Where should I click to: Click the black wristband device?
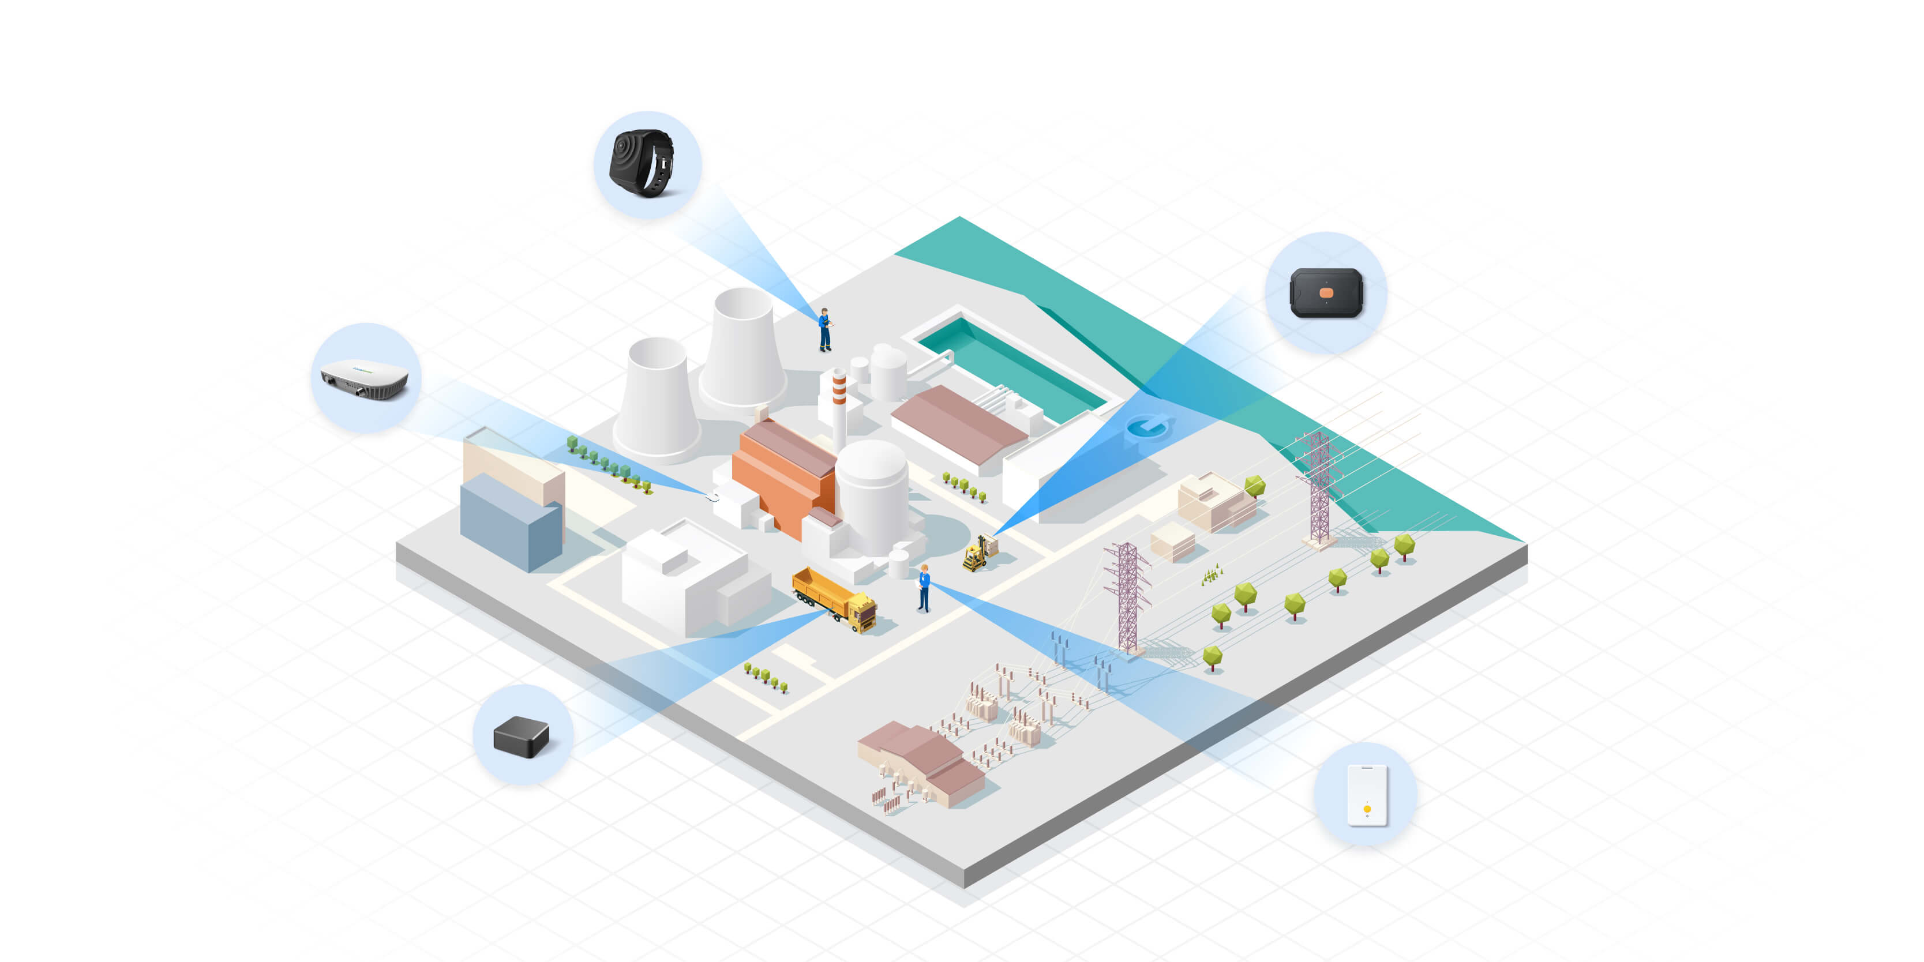click(642, 163)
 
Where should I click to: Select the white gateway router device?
click(365, 378)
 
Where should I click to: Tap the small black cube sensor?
click(522, 736)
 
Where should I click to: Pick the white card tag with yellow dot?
click(1367, 795)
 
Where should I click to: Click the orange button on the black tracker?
click(1326, 293)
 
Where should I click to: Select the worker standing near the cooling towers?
click(824, 329)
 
